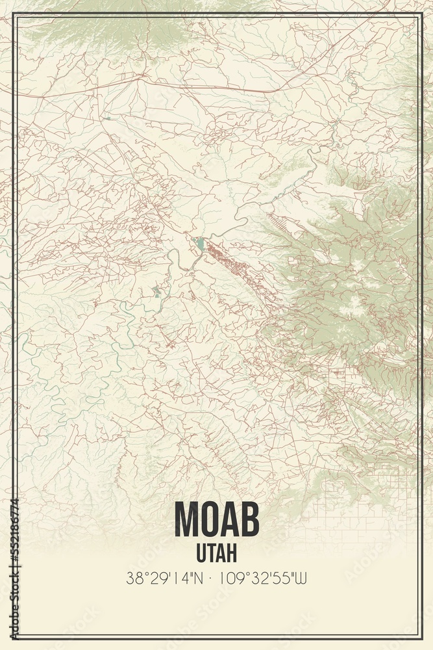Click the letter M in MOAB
(188, 520)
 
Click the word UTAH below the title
(216, 552)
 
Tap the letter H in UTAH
(232, 552)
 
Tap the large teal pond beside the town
(199, 244)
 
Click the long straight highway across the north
(195, 86)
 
